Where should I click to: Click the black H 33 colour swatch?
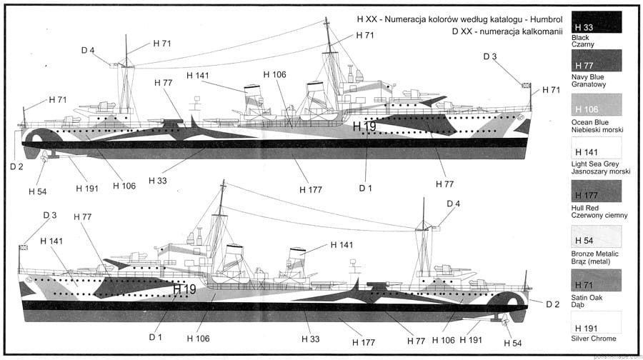[596, 22]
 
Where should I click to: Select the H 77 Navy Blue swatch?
[596, 60]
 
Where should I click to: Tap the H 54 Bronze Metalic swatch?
[596, 236]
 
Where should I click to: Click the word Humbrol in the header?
[537, 19]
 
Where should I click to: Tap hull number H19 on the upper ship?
[364, 126]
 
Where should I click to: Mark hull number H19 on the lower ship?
[184, 289]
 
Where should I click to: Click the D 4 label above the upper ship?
[88, 49]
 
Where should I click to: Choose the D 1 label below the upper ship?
[366, 188]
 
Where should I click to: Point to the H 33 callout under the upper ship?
[158, 181]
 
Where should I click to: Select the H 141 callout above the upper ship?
[198, 76]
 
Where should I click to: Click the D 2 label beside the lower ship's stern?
[552, 305]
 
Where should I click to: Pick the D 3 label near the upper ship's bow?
[490, 56]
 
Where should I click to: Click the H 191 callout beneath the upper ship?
[87, 189]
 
